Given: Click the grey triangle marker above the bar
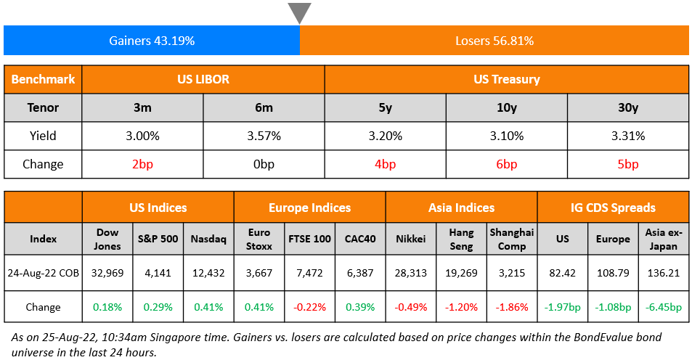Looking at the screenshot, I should (x=299, y=12).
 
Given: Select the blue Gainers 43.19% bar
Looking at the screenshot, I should (x=152, y=41).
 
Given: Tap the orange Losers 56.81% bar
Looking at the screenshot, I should (x=494, y=41).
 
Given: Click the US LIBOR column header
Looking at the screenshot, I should (x=203, y=79).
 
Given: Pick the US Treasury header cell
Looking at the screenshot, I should (x=506, y=79).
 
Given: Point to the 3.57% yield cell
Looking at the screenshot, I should (x=264, y=136).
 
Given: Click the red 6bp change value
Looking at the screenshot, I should (x=506, y=164).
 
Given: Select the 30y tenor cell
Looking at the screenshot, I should (x=627, y=107).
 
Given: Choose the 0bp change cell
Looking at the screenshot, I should (x=264, y=164).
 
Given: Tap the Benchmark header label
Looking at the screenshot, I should (x=43, y=79).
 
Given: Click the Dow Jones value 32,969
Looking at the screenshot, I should (x=107, y=273).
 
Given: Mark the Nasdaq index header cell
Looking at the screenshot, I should (x=208, y=239).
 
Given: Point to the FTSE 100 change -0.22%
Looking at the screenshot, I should (x=310, y=306).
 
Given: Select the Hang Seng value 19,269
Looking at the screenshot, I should (x=461, y=273).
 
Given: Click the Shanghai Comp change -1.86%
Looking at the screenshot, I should (x=512, y=306).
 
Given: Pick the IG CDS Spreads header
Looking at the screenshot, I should (x=613, y=208).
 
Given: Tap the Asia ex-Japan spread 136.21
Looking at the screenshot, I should (x=664, y=273).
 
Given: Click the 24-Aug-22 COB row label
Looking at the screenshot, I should (x=43, y=273).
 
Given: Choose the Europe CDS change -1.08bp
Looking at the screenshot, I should (x=613, y=306).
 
